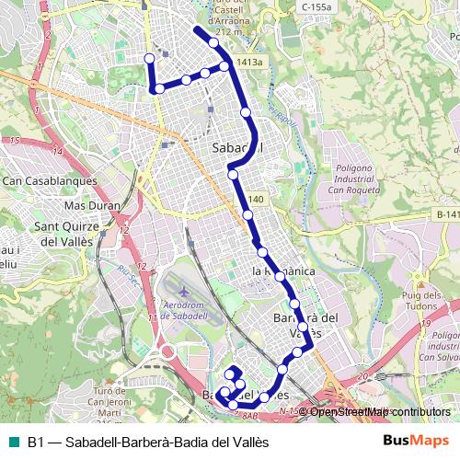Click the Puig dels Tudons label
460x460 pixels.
coord(422,301)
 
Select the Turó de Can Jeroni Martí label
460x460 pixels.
coord(112,405)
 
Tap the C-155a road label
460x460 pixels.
coord(316,6)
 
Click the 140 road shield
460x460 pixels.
coord(255,200)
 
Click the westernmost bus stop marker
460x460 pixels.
coord(150,59)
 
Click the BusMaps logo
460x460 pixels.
coord(417,440)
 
